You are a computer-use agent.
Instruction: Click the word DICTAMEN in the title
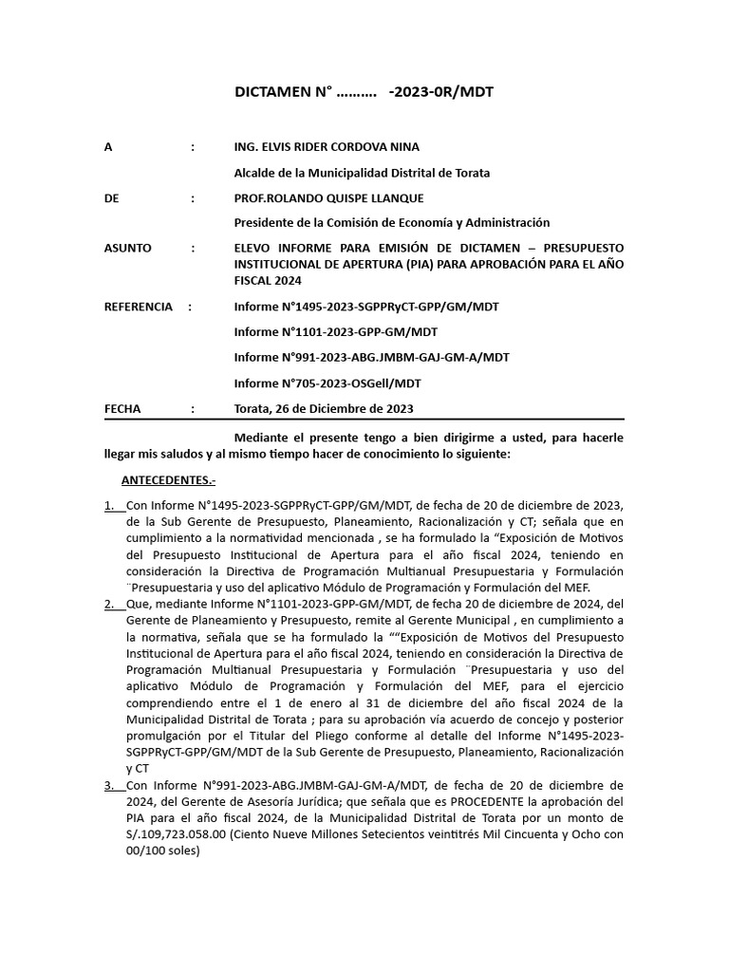[273, 92]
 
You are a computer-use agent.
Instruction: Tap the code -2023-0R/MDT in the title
[441, 92]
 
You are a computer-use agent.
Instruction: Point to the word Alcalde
[255, 173]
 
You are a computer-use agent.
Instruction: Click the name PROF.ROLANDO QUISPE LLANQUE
[328, 197]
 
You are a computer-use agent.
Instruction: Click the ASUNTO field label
[127, 248]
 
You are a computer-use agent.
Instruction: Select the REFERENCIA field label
[139, 307]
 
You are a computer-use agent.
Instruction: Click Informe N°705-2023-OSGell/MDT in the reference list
[327, 383]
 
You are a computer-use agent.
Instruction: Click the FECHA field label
[122, 409]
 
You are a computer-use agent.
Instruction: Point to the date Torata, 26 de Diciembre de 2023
[324, 409]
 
